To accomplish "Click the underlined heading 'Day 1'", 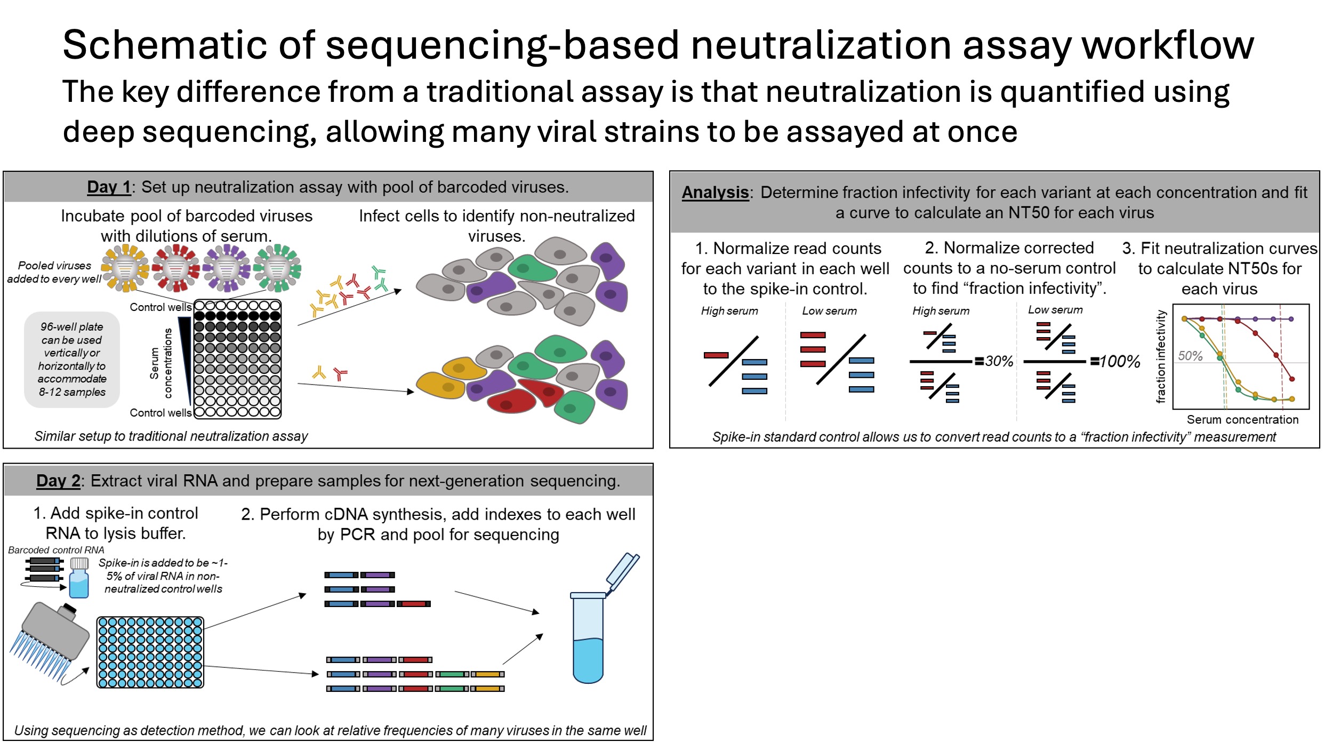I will [x=109, y=187].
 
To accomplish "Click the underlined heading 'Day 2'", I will [x=58, y=481].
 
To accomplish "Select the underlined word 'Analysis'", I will [x=714, y=192].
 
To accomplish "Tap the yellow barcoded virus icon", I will [x=125, y=268].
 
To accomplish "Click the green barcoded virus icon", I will [x=277, y=268].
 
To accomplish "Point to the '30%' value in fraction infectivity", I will [x=999, y=361].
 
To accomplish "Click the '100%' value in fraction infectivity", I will [x=1119, y=362].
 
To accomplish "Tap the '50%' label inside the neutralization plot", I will [x=1190, y=355].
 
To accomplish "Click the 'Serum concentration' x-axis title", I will [x=1242, y=419].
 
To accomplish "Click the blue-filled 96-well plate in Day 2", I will [x=150, y=652].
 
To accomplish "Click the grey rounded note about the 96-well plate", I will [x=72, y=359].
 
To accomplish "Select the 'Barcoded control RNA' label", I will [x=56, y=549].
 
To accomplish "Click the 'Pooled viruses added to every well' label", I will [x=54, y=272].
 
